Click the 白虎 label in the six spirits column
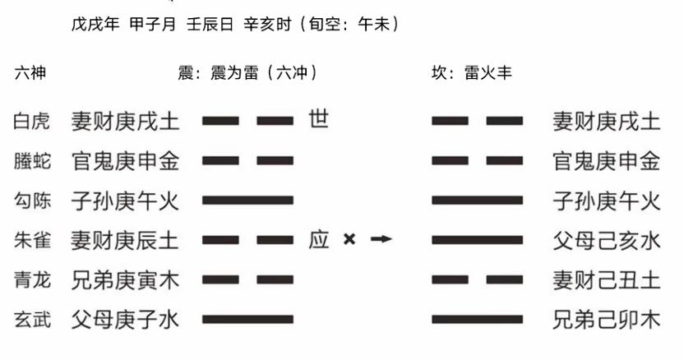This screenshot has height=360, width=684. (x=31, y=121)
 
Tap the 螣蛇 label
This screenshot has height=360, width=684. (x=32, y=161)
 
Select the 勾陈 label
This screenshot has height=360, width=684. (x=32, y=201)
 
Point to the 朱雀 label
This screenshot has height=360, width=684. (x=32, y=241)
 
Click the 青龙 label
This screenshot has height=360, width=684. (x=32, y=280)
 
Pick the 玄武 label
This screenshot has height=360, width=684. (x=32, y=320)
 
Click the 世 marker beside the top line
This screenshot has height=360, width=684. (x=318, y=118)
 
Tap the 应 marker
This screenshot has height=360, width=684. (x=318, y=239)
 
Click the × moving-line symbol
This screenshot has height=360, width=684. (x=349, y=239)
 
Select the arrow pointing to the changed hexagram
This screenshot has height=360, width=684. (x=381, y=238)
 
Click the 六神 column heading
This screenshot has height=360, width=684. (x=30, y=73)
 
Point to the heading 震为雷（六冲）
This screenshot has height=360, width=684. (x=265, y=72)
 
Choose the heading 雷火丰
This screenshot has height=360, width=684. (x=488, y=72)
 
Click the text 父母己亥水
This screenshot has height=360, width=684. (x=607, y=241)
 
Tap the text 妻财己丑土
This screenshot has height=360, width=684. (x=607, y=280)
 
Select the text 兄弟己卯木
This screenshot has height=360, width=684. (x=607, y=321)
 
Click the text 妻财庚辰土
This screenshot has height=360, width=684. (x=125, y=241)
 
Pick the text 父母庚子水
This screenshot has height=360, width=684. (x=125, y=321)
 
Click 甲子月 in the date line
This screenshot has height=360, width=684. (x=153, y=24)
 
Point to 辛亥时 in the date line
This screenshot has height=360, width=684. (x=267, y=24)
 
